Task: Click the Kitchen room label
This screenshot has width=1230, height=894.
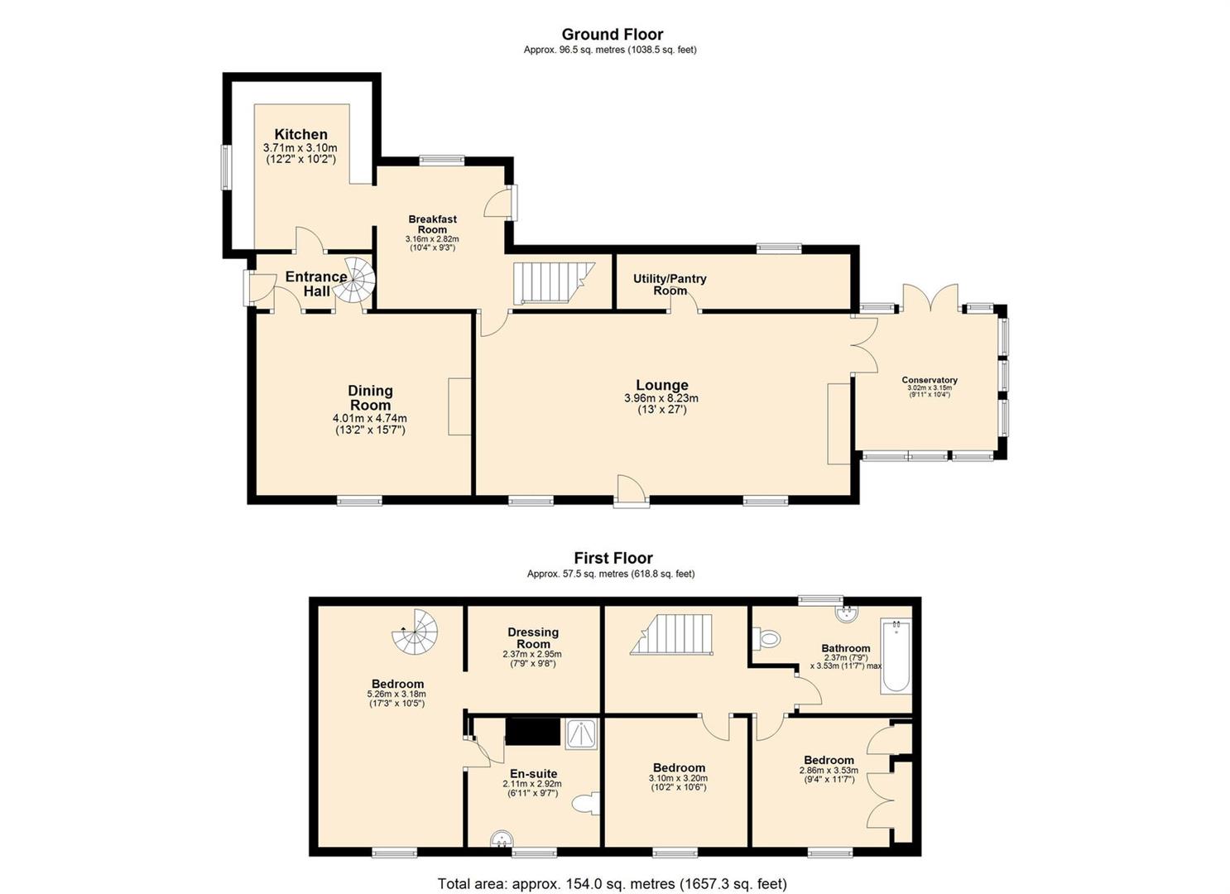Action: [300, 134]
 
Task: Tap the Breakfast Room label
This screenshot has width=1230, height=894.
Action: [432, 224]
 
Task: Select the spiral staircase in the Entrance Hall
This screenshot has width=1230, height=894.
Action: [353, 280]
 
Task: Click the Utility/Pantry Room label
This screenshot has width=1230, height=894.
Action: [670, 284]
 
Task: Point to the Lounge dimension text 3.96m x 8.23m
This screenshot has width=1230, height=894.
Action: [661, 398]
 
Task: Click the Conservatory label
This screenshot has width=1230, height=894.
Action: [929, 380]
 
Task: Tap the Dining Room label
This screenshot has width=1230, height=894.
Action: [370, 397]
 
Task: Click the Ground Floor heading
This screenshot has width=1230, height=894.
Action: [613, 34]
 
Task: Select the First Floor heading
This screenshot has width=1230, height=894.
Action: [613, 558]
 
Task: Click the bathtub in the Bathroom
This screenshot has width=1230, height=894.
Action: [896, 656]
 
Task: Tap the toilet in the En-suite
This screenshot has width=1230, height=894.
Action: [585, 805]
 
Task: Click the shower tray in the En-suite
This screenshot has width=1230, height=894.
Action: [584, 734]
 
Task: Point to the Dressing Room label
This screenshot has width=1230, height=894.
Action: [532, 638]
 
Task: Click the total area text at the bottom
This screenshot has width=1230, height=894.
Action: [613, 883]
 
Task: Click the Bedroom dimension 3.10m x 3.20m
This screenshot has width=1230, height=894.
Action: [679, 778]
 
